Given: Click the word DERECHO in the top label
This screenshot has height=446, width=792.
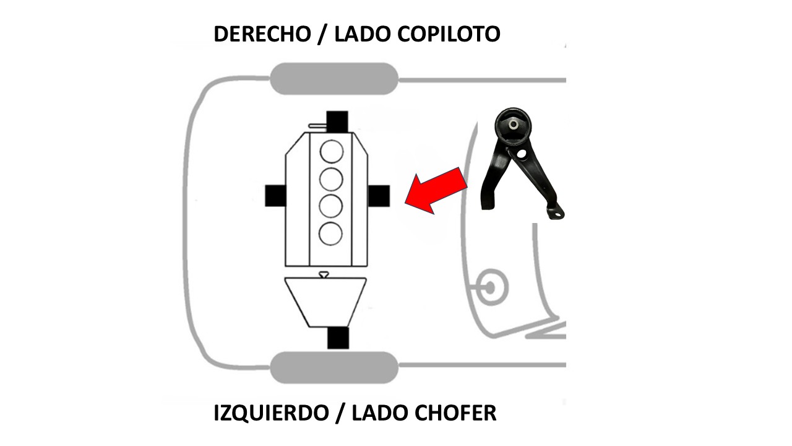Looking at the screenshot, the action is pyautogui.click(x=262, y=34).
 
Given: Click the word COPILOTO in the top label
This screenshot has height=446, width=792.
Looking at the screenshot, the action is pyautogui.click(x=449, y=34).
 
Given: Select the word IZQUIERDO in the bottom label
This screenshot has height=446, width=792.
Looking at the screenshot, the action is pyautogui.click(x=271, y=413).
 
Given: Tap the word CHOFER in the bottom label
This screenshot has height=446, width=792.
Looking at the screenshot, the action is pyautogui.click(x=455, y=413).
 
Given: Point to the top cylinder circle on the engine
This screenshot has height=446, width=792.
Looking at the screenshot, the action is pyautogui.click(x=332, y=152).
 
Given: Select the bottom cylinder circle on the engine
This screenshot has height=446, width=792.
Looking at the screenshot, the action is pyautogui.click(x=330, y=234).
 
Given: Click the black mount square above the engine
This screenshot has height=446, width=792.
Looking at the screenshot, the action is pyautogui.click(x=337, y=121).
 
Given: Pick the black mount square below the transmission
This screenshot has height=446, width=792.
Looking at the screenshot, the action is pyautogui.click(x=338, y=338).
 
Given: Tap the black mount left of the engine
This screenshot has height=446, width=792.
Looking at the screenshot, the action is pyautogui.click(x=275, y=196).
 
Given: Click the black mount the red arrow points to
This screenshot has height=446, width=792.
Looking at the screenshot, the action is pyautogui.click(x=379, y=196).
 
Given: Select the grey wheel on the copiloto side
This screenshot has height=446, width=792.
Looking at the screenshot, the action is pyautogui.click(x=334, y=79).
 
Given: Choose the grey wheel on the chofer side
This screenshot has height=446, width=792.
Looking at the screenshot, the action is pyautogui.click(x=334, y=367).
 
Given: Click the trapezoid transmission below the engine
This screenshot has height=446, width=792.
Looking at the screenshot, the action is pyautogui.click(x=325, y=302).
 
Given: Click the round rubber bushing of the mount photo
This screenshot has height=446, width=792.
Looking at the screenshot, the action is pyautogui.click(x=513, y=126).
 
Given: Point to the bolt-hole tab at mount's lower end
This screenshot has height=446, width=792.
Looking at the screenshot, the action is pyautogui.click(x=556, y=212).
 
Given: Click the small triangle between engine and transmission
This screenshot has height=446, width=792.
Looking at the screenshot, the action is pyautogui.click(x=324, y=274).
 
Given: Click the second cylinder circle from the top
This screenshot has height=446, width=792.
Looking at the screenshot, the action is pyautogui.click(x=331, y=180).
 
